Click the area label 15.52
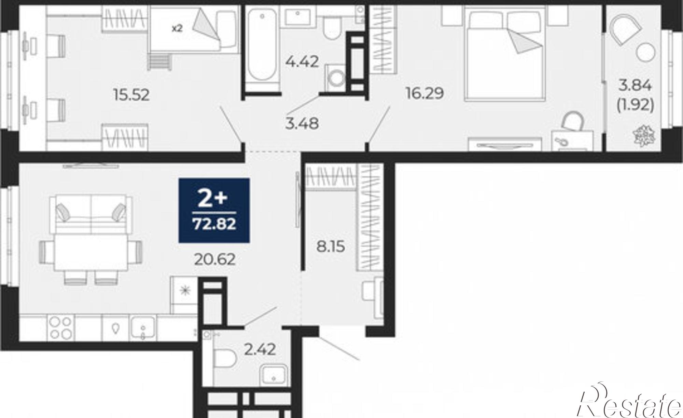coord(131,95)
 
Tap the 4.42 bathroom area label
coord(302,62)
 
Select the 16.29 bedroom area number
coord(424,93)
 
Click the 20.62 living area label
coord(215,259)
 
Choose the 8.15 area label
coord(330,246)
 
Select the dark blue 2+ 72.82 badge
coord(214,210)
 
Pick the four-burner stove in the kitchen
coord(61,327)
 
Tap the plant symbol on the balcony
coord(644,135)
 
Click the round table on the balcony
coord(646,54)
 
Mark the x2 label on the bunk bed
coord(177,28)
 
